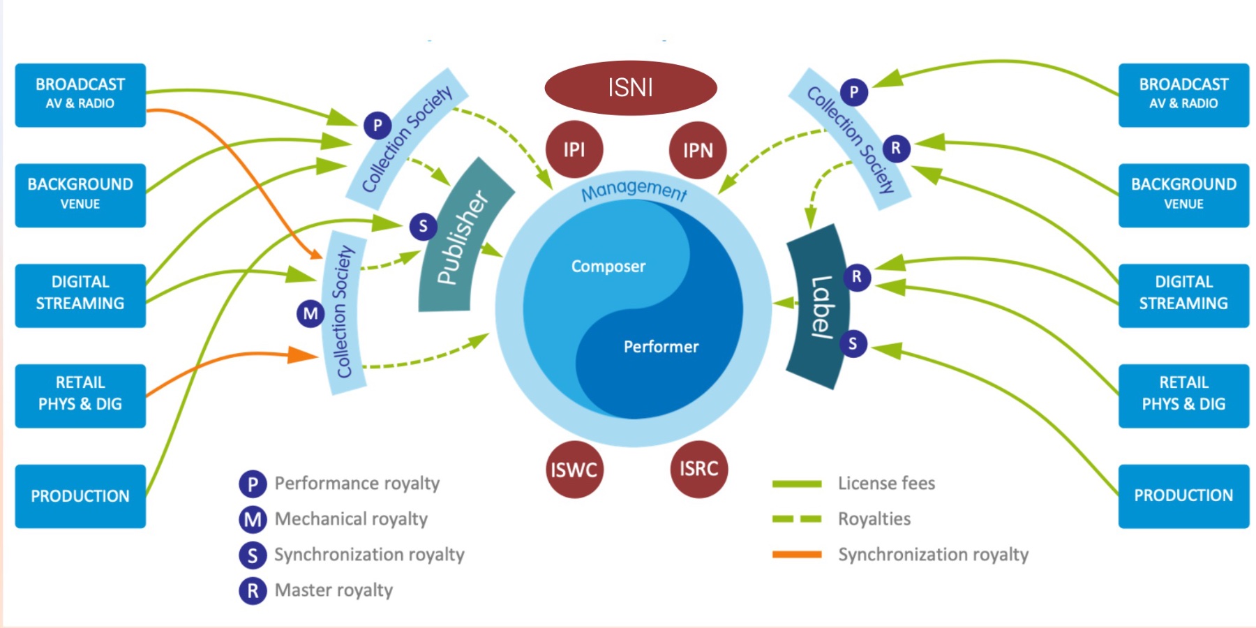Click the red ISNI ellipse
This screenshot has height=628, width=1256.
tap(630, 88)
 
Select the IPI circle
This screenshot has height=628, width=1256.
tap(574, 149)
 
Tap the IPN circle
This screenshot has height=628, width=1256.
tap(697, 150)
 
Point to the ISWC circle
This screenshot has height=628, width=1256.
tap(574, 470)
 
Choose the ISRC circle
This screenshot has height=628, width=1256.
tap(698, 469)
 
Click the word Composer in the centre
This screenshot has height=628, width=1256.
tap(608, 267)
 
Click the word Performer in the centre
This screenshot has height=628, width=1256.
tap(661, 347)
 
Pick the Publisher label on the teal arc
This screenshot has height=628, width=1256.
tap(462, 237)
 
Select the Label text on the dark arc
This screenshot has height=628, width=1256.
tap(821, 307)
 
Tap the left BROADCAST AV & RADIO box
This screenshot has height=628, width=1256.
tap(80, 95)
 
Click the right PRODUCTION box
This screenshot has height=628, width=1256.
tap(1183, 495)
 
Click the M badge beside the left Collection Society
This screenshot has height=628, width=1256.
tap(311, 314)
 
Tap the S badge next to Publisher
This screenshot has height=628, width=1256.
tap(423, 226)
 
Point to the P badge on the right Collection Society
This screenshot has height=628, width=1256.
tap(853, 92)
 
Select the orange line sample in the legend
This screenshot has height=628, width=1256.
tap(797, 555)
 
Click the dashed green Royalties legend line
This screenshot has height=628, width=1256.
tap(797, 519)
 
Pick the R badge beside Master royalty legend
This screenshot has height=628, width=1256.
tap(253, 591)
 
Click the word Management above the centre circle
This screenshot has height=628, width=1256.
tap(634, 189)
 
